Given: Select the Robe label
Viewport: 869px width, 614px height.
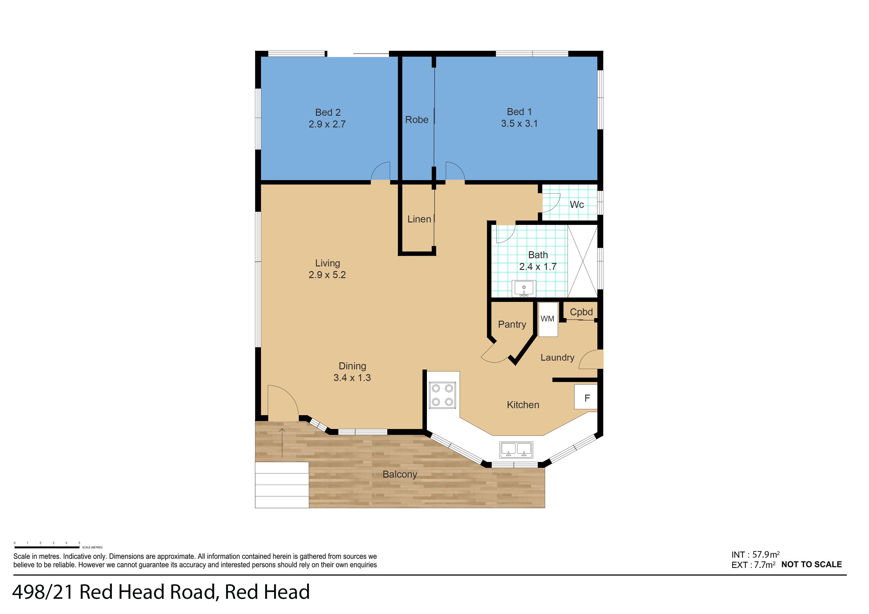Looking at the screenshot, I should click(416, 120).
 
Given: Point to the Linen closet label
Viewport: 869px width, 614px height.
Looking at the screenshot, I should click(419, 219).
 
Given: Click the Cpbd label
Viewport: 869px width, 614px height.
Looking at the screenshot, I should click(581, 312).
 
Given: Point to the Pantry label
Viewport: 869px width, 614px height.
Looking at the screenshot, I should click(512, 325).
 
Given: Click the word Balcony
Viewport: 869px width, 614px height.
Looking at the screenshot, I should click(400, 474).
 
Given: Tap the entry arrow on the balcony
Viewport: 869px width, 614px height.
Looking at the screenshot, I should click(282, 443).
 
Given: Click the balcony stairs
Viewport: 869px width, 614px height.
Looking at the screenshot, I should click(282, 485).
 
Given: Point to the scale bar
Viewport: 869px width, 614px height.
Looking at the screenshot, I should click(47, 547).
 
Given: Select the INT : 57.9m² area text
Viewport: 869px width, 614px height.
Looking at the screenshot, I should click(755, 555).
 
